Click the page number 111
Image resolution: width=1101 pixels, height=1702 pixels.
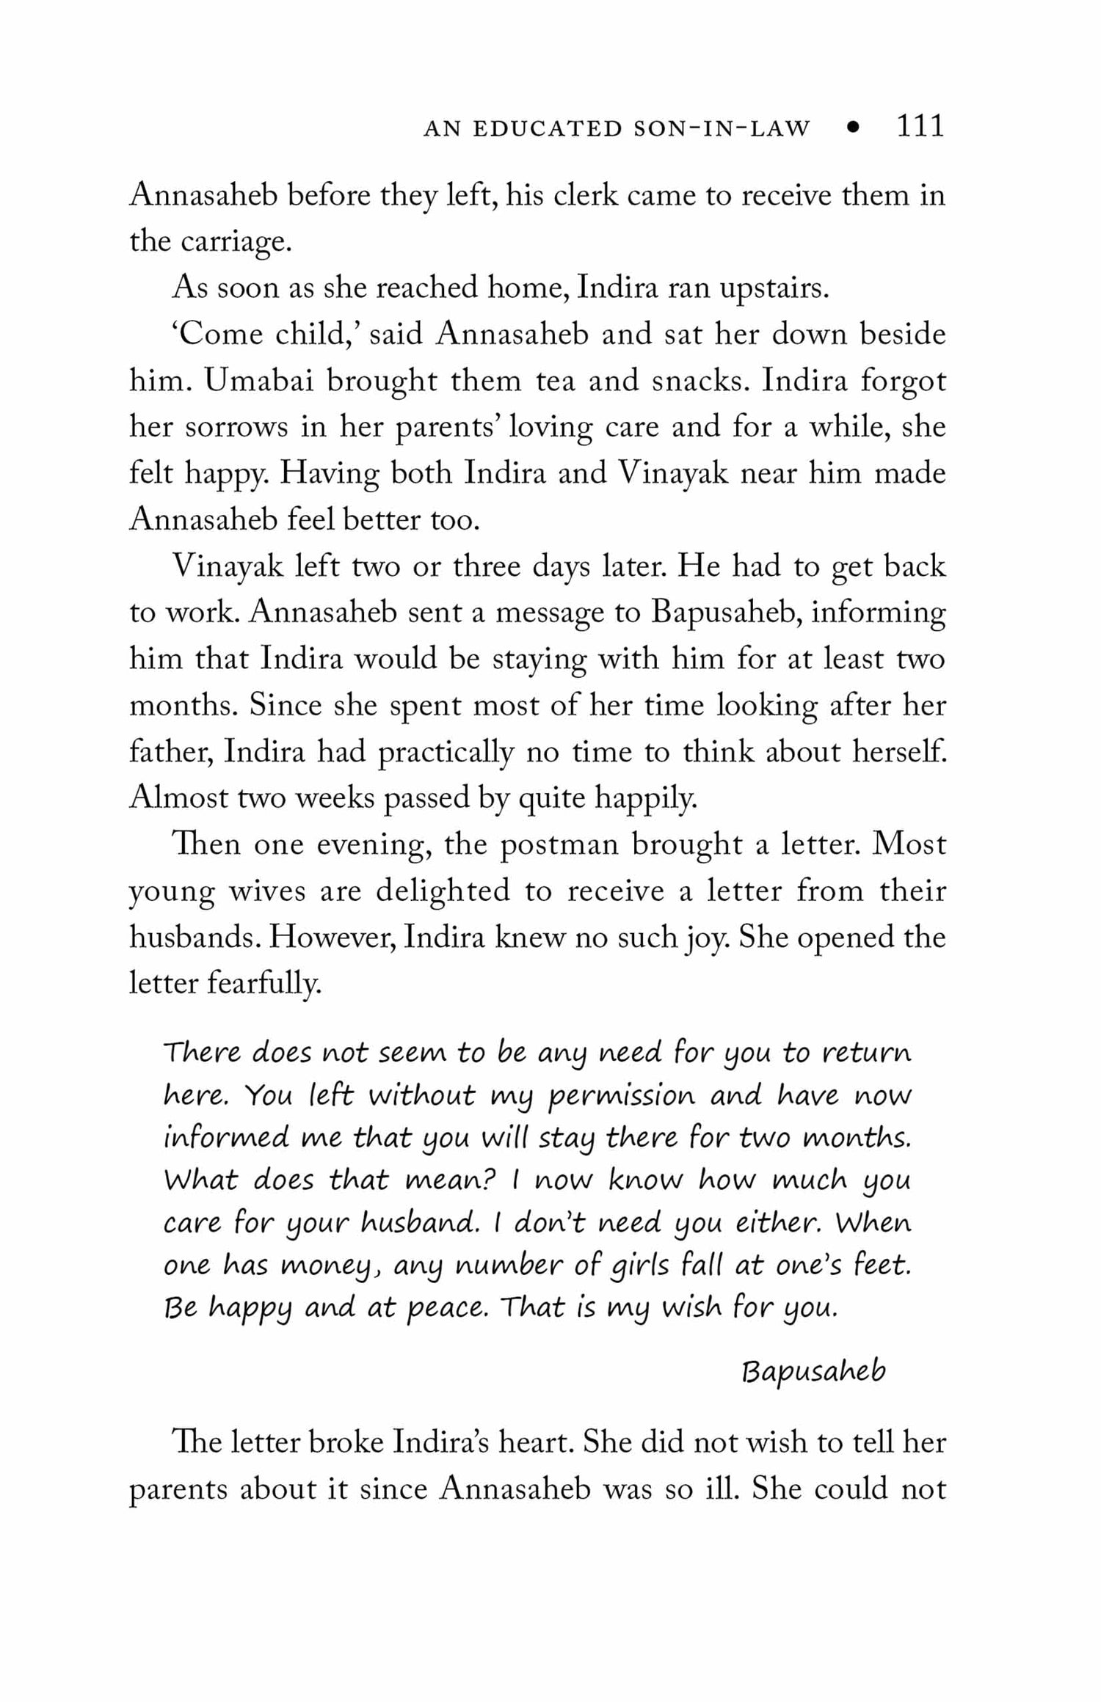[x=920, y=127]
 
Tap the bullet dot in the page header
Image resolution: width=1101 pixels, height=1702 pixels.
[x=852, y=128]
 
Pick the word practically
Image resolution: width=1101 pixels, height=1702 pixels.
[x=446, y=753]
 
